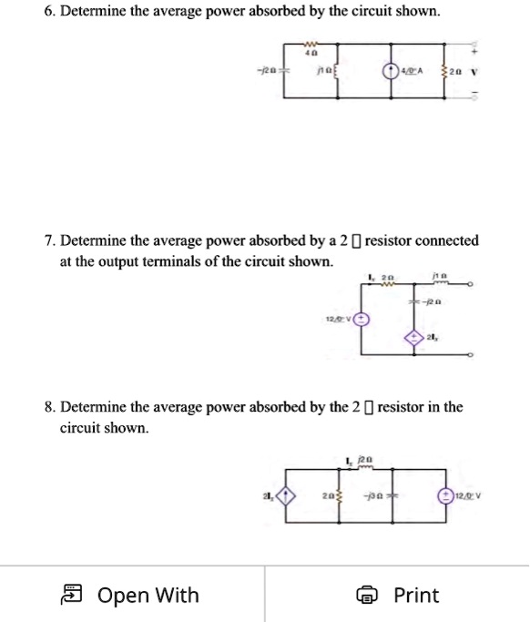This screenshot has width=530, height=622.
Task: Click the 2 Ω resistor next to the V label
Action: (x=443, y=67)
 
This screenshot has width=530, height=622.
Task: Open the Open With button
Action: (x=131, y=596)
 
